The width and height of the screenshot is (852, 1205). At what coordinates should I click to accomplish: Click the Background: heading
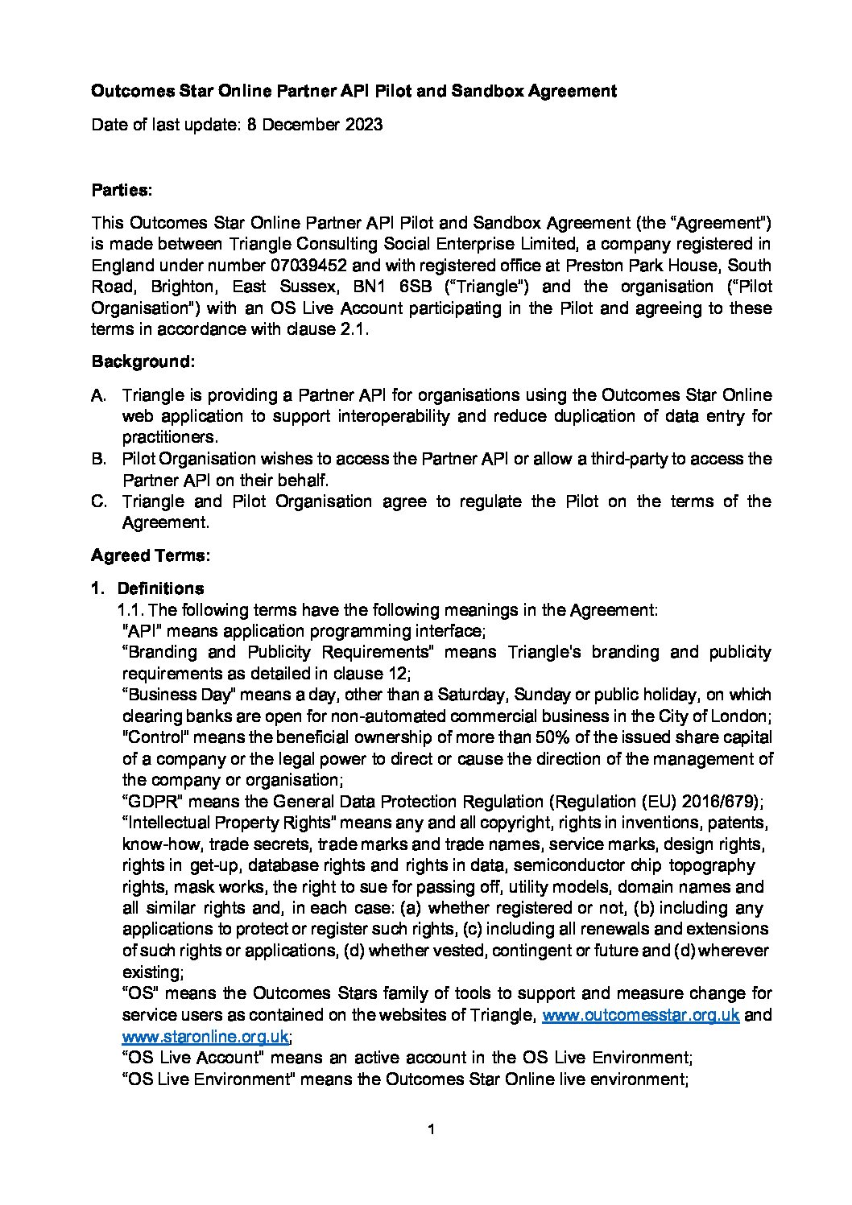click(x=143, y=361)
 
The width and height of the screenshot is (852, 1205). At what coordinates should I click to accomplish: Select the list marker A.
click(x=99, y=395)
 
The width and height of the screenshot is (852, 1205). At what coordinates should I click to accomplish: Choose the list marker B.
click(x=99, y=459)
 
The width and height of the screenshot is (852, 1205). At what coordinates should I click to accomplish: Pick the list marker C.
click(x=99, y=501)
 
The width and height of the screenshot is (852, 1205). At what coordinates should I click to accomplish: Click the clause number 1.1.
click(x=131, y=610)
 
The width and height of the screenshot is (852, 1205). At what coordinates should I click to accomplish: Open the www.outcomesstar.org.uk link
click(x=640, y=1015)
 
